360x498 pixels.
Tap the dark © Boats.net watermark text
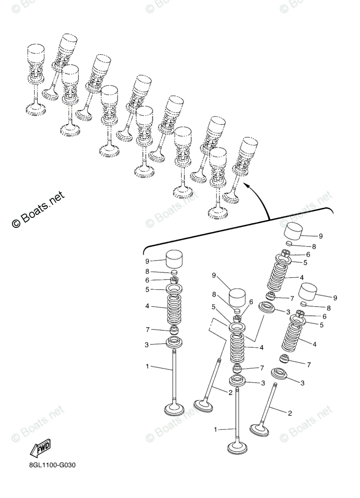38,208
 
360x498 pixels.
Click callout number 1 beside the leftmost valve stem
147,366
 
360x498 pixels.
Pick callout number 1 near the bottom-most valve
216,430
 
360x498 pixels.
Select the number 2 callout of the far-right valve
289,413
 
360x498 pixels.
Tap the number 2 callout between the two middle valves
230,392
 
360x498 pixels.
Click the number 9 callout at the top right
320,236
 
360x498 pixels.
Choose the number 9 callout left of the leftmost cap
147,261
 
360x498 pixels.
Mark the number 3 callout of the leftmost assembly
147,344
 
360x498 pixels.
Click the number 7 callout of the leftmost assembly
147,330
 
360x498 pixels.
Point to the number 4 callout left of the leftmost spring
147,307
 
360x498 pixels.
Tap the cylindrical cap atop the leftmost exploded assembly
174,260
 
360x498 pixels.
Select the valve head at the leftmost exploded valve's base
174,408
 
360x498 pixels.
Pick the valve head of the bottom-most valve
237,447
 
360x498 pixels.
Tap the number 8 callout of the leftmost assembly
147,271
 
